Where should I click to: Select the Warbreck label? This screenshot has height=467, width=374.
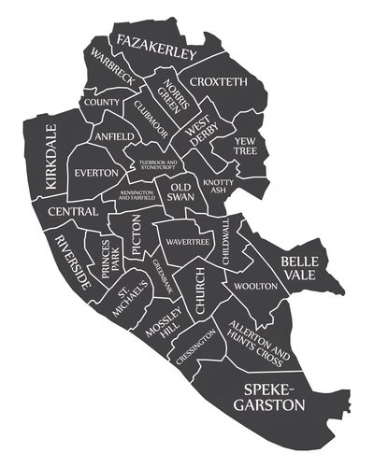coord(112,70)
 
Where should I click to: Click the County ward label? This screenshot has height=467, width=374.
coord(101,101)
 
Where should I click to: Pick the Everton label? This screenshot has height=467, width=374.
coord(97,173)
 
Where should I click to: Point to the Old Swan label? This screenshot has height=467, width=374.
coord(181,191)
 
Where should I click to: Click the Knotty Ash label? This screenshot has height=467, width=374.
coord(217,186)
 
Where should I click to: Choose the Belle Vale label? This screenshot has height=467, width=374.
coord(300,268)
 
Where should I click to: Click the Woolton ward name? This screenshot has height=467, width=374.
coord(255,285)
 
